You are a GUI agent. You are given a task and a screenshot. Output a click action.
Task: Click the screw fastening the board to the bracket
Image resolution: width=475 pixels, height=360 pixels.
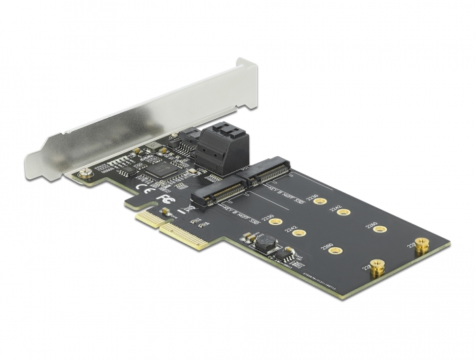(x=85, y=175)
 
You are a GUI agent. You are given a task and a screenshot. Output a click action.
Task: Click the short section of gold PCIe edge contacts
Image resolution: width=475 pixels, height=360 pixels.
(x=145, y=218)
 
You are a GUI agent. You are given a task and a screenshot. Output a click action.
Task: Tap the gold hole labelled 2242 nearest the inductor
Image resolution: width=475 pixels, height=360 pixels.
(x=301, y=233)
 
